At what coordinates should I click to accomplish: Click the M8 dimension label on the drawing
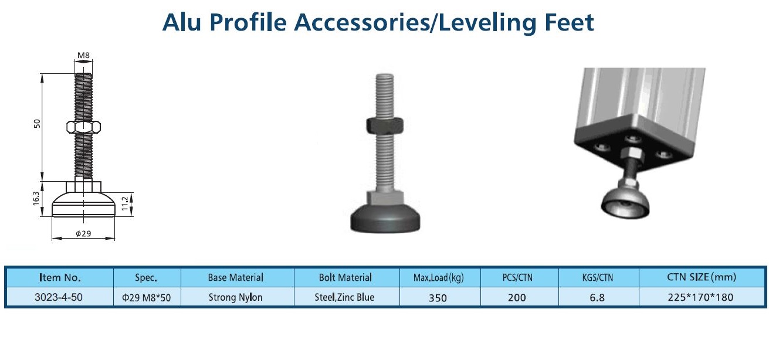click(83, 55)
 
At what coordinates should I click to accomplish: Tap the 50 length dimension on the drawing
click(37, 124)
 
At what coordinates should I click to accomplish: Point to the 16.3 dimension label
click(36, 199)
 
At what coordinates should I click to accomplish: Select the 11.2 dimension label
click(125, 203)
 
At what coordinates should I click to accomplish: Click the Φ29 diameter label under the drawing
click(83, 234)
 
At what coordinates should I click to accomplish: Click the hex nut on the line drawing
click(83, 127)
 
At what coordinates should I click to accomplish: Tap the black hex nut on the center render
click(385, 125)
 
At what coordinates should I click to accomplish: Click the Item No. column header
click(60, 278)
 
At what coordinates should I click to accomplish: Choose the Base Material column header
click(235, 278)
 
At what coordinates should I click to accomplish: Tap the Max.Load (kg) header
click(438, 278)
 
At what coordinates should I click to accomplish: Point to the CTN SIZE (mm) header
click(702, 277)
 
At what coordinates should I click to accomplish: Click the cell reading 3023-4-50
click(59, 297)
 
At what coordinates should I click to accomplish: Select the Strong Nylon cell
click(235, 297)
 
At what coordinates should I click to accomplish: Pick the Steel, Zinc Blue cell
click(344, 297)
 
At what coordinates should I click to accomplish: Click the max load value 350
click(438, 297)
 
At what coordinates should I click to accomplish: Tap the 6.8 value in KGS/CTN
click(597, 297)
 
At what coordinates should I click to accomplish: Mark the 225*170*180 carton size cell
click(700, 297)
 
